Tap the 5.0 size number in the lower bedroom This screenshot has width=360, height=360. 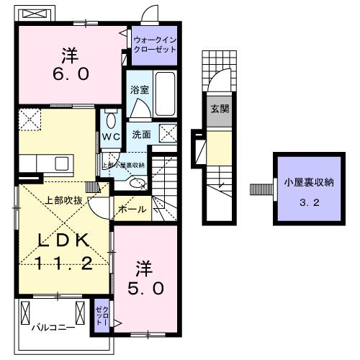152,287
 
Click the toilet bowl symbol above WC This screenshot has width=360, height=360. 110,120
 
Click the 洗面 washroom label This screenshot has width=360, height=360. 140,135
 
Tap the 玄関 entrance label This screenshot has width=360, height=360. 219,109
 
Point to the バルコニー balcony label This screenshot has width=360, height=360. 53,327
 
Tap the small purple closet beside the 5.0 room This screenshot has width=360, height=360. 101,315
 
